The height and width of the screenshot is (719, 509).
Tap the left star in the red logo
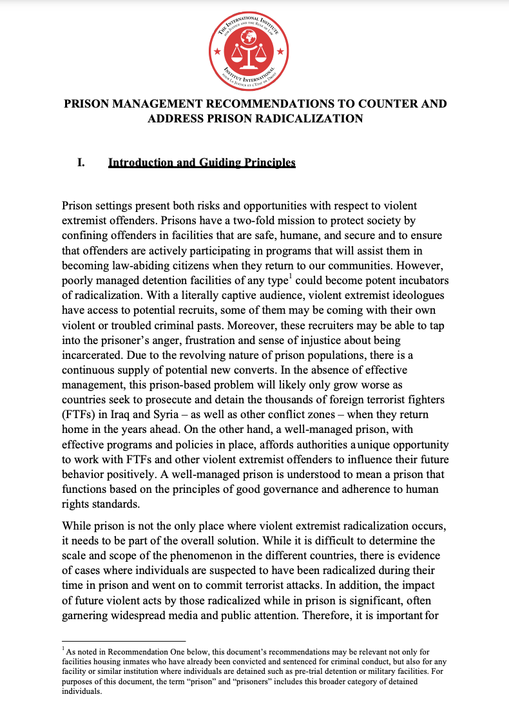[x=216, y=51]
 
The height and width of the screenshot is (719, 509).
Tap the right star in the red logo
[x=280, y=51]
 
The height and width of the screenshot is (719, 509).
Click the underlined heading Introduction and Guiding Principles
[x=202, y=163]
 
